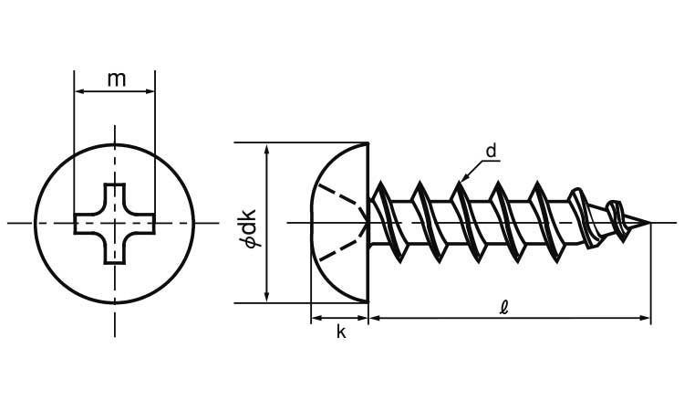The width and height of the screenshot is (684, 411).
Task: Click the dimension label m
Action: (116, 79)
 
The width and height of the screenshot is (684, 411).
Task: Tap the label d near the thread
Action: (491, 152)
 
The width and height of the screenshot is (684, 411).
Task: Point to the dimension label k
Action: (341, 332)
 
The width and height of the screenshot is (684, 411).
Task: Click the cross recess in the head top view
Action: (115, 223)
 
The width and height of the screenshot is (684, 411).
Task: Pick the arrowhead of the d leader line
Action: (462, 179)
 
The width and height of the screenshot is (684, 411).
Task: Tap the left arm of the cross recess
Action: (87, 223)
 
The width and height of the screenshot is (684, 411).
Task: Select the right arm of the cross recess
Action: (143, 223)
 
